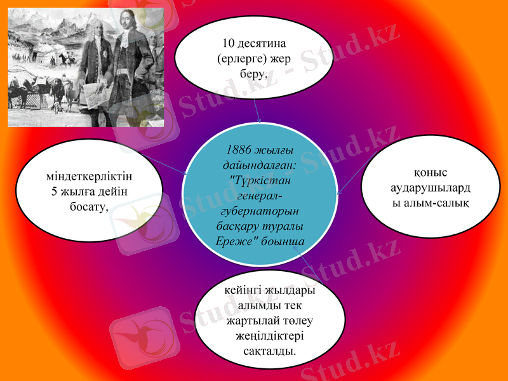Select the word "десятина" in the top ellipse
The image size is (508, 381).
(x=260, y=44)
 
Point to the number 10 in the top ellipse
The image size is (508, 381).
(x=229, y=44)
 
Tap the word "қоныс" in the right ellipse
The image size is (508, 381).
(x=430, y=172)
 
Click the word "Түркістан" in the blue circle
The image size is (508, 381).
(x=261, y=180)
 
